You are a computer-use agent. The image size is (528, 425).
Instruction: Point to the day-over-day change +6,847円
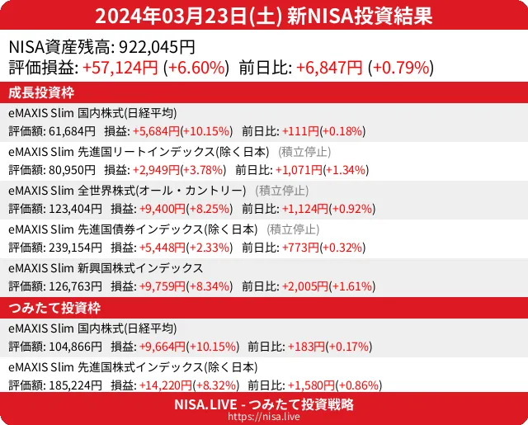[329, 68]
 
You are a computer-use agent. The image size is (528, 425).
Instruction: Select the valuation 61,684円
[73, 130]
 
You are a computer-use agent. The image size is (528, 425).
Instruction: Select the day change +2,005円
[305, 286]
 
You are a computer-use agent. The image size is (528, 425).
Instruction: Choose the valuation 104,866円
[76, 347]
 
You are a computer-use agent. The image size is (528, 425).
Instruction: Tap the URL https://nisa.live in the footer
[264, 418]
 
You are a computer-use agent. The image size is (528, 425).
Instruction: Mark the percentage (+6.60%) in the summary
[196, 68]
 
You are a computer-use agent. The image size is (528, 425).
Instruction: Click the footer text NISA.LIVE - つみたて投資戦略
[264, 404]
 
